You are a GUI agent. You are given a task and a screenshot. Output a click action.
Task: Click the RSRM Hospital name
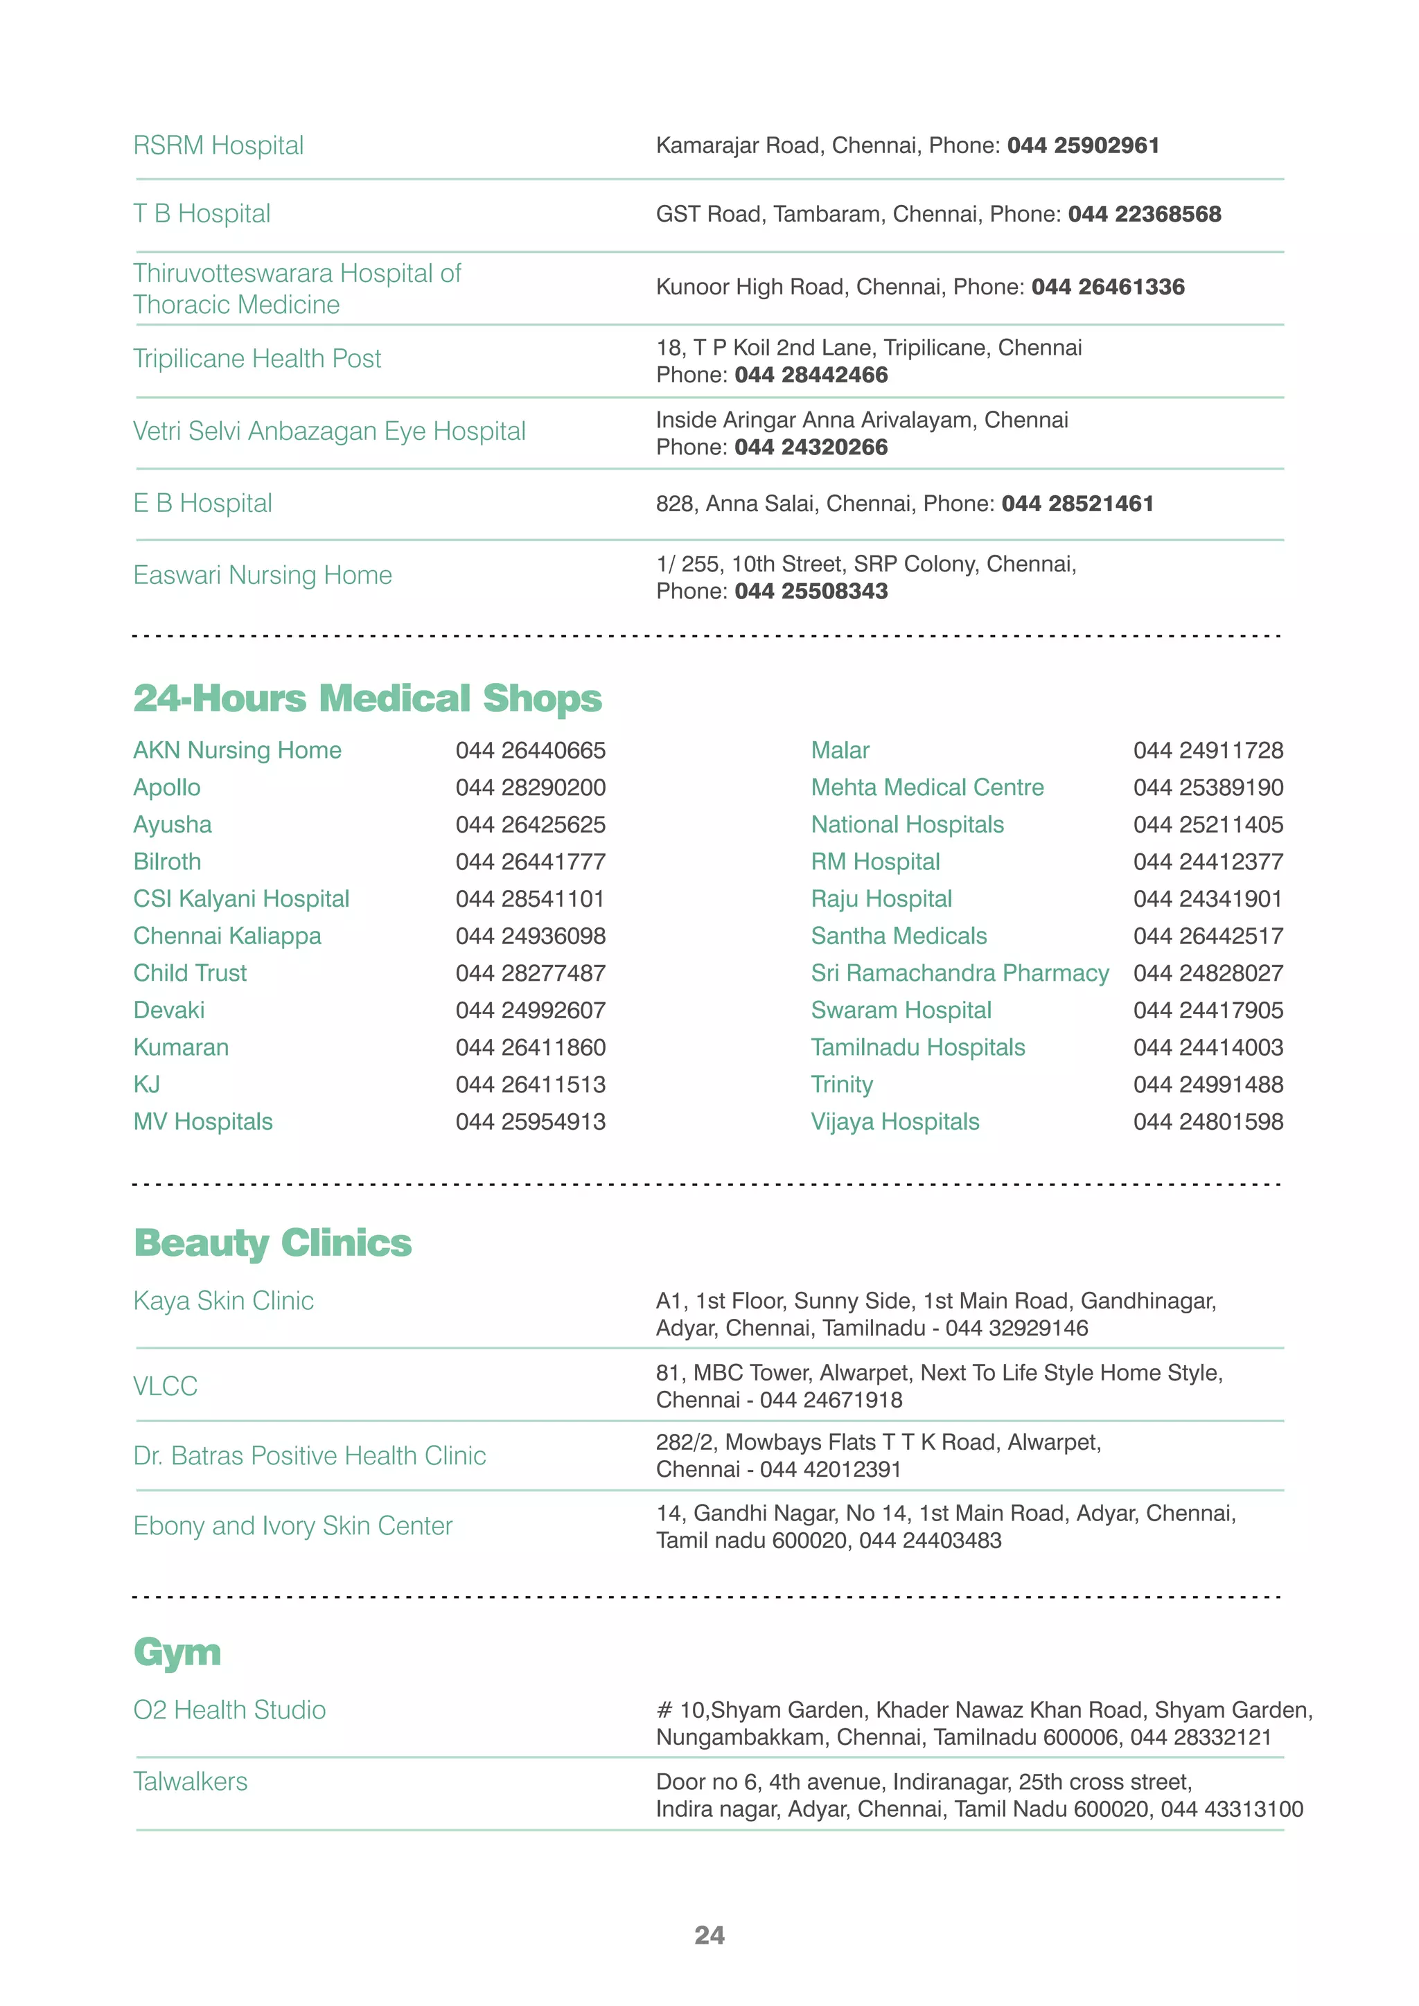[x=218, y=145]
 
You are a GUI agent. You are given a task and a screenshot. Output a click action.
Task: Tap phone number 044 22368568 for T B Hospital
[x=1144, y=214]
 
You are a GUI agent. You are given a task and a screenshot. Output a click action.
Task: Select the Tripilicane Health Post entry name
[x=257, y=359]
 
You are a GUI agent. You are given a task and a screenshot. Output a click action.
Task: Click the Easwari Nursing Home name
[x=262, y=575]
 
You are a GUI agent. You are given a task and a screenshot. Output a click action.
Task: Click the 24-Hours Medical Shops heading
[x=367, y=699]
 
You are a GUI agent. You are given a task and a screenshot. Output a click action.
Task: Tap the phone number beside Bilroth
[x=530, y=862]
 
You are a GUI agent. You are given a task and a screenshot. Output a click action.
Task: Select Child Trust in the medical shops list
[x=190, y=973]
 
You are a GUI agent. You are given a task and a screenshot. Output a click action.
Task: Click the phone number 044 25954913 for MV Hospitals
[x=530, y=1122]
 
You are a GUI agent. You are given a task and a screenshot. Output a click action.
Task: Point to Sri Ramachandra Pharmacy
[x=960, y=973]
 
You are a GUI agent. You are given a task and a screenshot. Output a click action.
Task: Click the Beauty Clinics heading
[x=272, y=1243]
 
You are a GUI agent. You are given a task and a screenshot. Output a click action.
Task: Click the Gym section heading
[x=177, y=1653]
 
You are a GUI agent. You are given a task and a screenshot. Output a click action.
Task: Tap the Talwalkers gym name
[x=191, y=1782]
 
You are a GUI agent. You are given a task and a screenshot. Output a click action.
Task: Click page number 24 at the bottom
[x=709, y=1935]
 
